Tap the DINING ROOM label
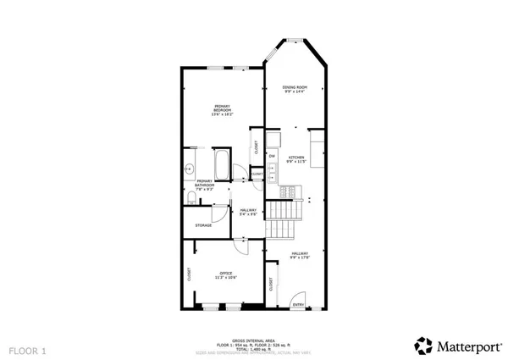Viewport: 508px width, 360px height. (295, 89)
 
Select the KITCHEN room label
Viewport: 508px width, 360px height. (295, 159)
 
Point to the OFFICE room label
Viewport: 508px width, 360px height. (225, 274)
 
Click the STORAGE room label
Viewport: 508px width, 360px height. (203, 225)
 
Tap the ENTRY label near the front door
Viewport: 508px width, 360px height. (298, 304)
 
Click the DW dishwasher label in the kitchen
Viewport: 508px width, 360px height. (273, 156)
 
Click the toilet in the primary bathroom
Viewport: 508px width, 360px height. (191, 198)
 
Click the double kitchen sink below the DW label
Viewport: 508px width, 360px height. (273, 172)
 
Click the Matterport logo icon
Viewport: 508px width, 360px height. (421, 345)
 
